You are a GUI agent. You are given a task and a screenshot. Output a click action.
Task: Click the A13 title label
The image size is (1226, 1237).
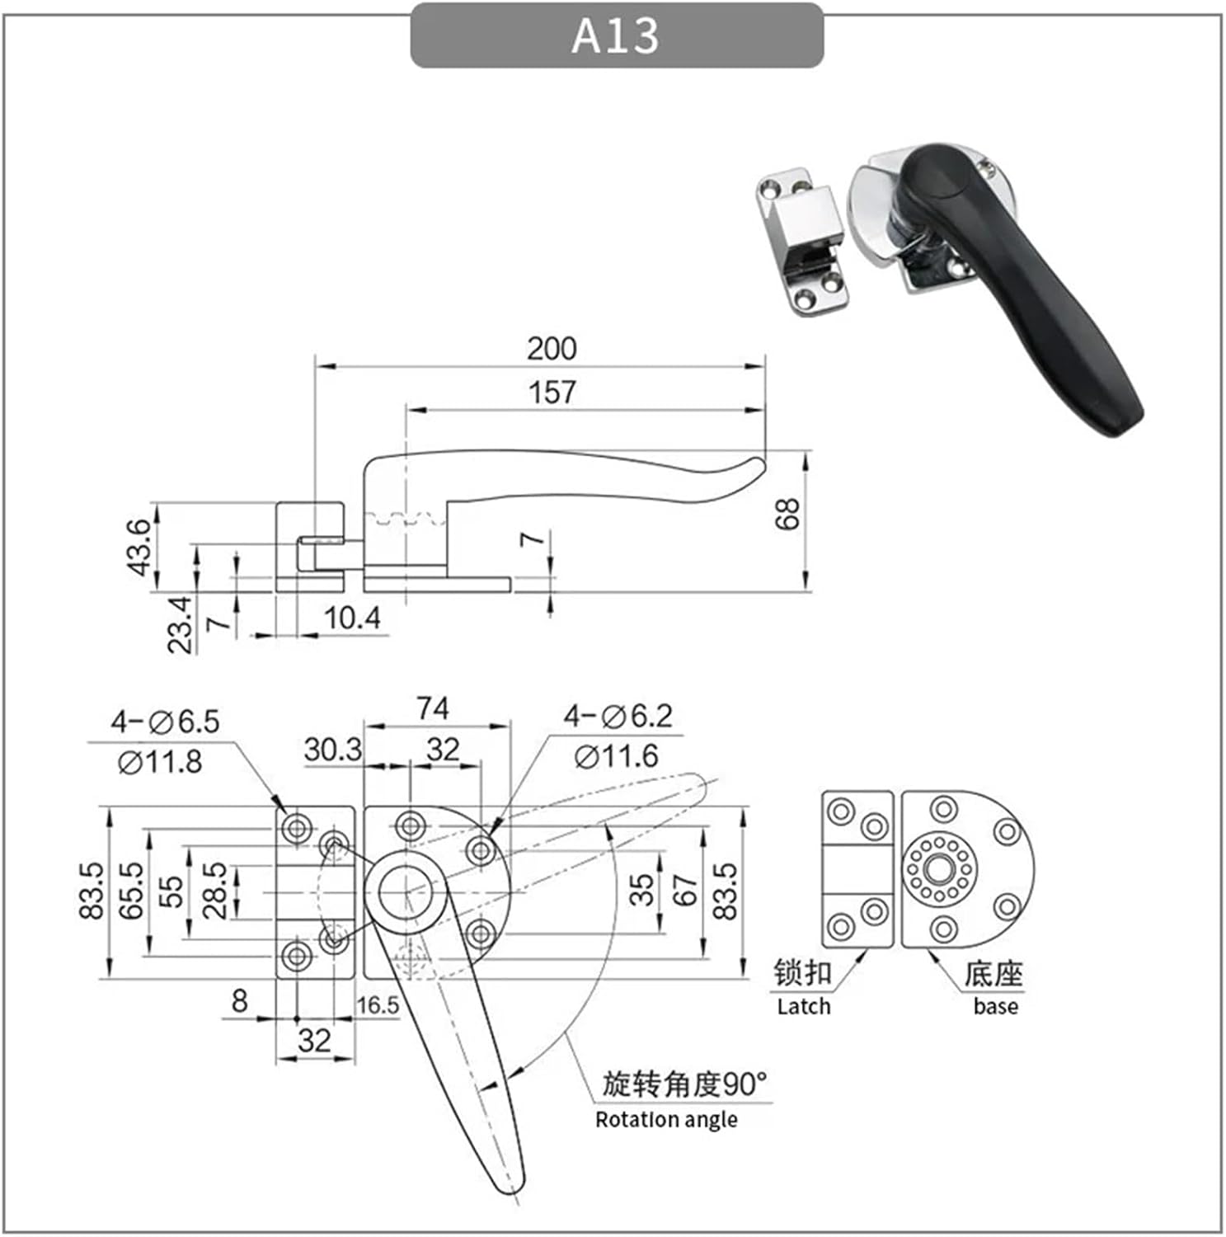616,35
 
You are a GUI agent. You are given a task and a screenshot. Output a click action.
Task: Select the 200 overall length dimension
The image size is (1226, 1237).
552,348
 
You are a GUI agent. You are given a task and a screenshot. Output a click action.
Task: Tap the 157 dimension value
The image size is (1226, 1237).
552,392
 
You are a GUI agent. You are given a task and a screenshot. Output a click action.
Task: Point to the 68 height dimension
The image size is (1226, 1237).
788,514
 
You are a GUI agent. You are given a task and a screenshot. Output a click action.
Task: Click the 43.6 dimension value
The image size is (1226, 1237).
139,547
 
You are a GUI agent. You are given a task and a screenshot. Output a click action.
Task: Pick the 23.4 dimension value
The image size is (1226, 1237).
181,625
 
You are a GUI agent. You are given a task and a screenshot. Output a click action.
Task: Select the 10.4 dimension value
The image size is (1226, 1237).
353,617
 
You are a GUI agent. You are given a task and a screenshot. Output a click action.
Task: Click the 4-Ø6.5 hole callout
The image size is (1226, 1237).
166,722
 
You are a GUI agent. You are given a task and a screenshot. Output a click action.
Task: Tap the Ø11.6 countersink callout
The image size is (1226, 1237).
617,755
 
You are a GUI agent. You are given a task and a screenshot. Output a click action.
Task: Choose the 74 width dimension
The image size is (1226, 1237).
432,708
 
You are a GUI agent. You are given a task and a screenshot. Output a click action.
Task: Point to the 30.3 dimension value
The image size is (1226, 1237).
332,750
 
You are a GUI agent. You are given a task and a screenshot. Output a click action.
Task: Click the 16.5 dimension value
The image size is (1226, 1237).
378,1005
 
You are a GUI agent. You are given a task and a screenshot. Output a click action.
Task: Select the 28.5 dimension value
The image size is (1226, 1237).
214,891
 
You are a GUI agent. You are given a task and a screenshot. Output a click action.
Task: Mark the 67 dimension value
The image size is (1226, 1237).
685,891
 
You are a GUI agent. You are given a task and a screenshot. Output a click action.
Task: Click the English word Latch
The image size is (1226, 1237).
803,1006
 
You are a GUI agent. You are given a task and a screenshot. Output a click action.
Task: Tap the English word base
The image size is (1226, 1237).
995,1006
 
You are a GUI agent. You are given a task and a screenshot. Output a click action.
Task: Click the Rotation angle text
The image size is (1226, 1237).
666,1119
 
